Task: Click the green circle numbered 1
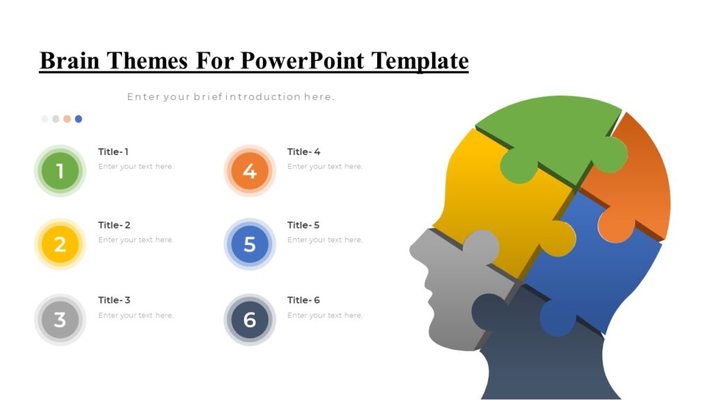click(x=60, y=171)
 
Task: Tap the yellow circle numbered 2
click(x=60, y=244)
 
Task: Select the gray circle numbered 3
click(x=60, y=319)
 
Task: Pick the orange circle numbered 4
click(x=250, y=171)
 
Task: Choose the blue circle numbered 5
click(x=250, y=244)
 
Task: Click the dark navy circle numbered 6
click(x=250, y=319)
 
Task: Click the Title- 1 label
click(x=113, y=152)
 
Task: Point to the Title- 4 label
click(x=304, y=152)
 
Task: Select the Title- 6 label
click(x=304, y=301)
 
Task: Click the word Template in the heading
click(x=420, y=61)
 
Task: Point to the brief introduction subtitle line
click(x=231, y=97)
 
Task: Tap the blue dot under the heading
click(x=78, y=119)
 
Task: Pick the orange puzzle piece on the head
click(x=638, y=181)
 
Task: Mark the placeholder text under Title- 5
click(x=324, y=240)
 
